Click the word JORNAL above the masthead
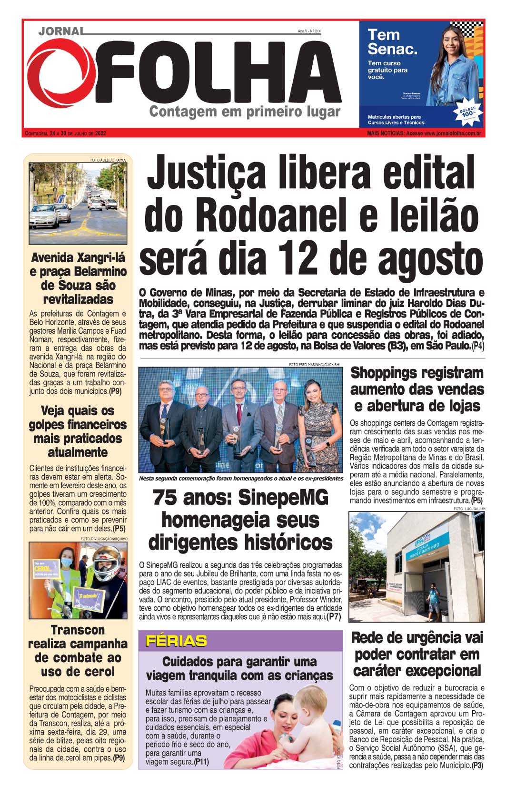[x=60, y=31]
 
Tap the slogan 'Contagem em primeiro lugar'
[x=245, y=113]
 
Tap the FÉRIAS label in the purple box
[x=176, y=641]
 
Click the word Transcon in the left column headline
[x=78, y=630]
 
